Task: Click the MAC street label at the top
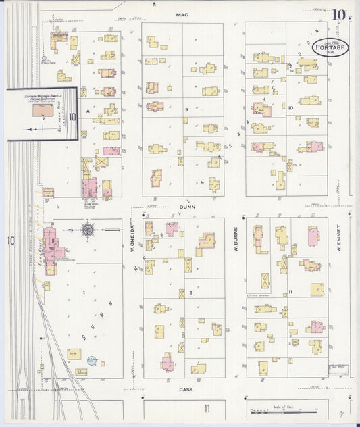click(181, 14)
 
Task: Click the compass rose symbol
click(88, 231)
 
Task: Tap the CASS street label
click(186, 390)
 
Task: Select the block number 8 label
click(191, 292)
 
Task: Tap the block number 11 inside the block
click(289, 291)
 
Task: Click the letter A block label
click(87, 108)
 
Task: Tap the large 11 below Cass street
click(207, 408)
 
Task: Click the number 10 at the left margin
click(10, 241)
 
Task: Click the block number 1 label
click(84, 292)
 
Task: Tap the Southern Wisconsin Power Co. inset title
click(41, 97)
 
